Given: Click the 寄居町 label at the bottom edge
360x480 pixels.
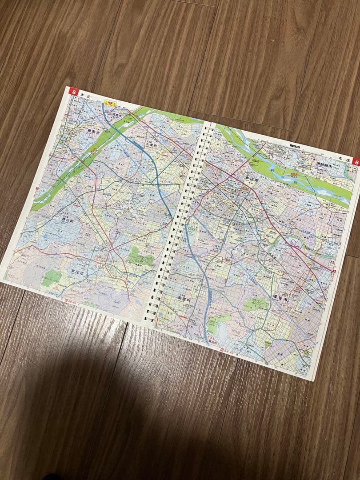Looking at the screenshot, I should (x=213, y=342).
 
